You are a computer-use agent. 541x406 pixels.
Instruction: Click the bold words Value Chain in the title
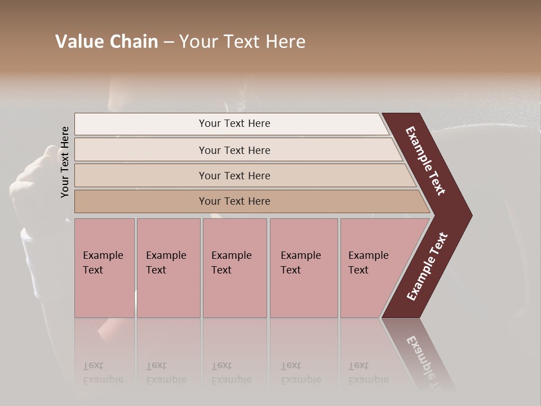tap(107, 42)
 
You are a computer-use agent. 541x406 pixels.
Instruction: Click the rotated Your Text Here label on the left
tap(65, 162)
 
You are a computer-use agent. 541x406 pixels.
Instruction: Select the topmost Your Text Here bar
tap(234, 123)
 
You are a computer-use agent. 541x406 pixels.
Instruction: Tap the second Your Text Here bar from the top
tap(234, 150)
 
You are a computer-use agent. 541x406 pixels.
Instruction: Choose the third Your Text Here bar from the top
tap(234, 175)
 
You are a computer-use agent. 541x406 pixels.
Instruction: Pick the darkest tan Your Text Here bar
tap(234, 201)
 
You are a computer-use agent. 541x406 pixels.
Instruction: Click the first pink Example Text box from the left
tap(104, 268)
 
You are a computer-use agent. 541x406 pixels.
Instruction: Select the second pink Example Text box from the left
tap(168, 268)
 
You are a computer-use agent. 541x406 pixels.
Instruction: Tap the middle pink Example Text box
tap(234, 268)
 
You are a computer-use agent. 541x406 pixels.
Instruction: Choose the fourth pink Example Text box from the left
tap(304, 268)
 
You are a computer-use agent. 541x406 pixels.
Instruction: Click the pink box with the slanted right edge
tap(372, 268)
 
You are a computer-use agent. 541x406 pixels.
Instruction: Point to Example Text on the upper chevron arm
tap(426, 161)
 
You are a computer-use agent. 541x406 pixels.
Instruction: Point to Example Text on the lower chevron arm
tap(427, 267)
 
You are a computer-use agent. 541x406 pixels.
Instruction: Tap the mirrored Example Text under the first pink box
tap(103, 373)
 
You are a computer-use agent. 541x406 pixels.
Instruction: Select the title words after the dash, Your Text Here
tap(242, 42)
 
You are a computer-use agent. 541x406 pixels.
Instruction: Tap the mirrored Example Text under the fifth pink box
tap(368, 373)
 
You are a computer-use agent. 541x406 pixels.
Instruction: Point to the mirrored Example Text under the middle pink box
tap(231, 373)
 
